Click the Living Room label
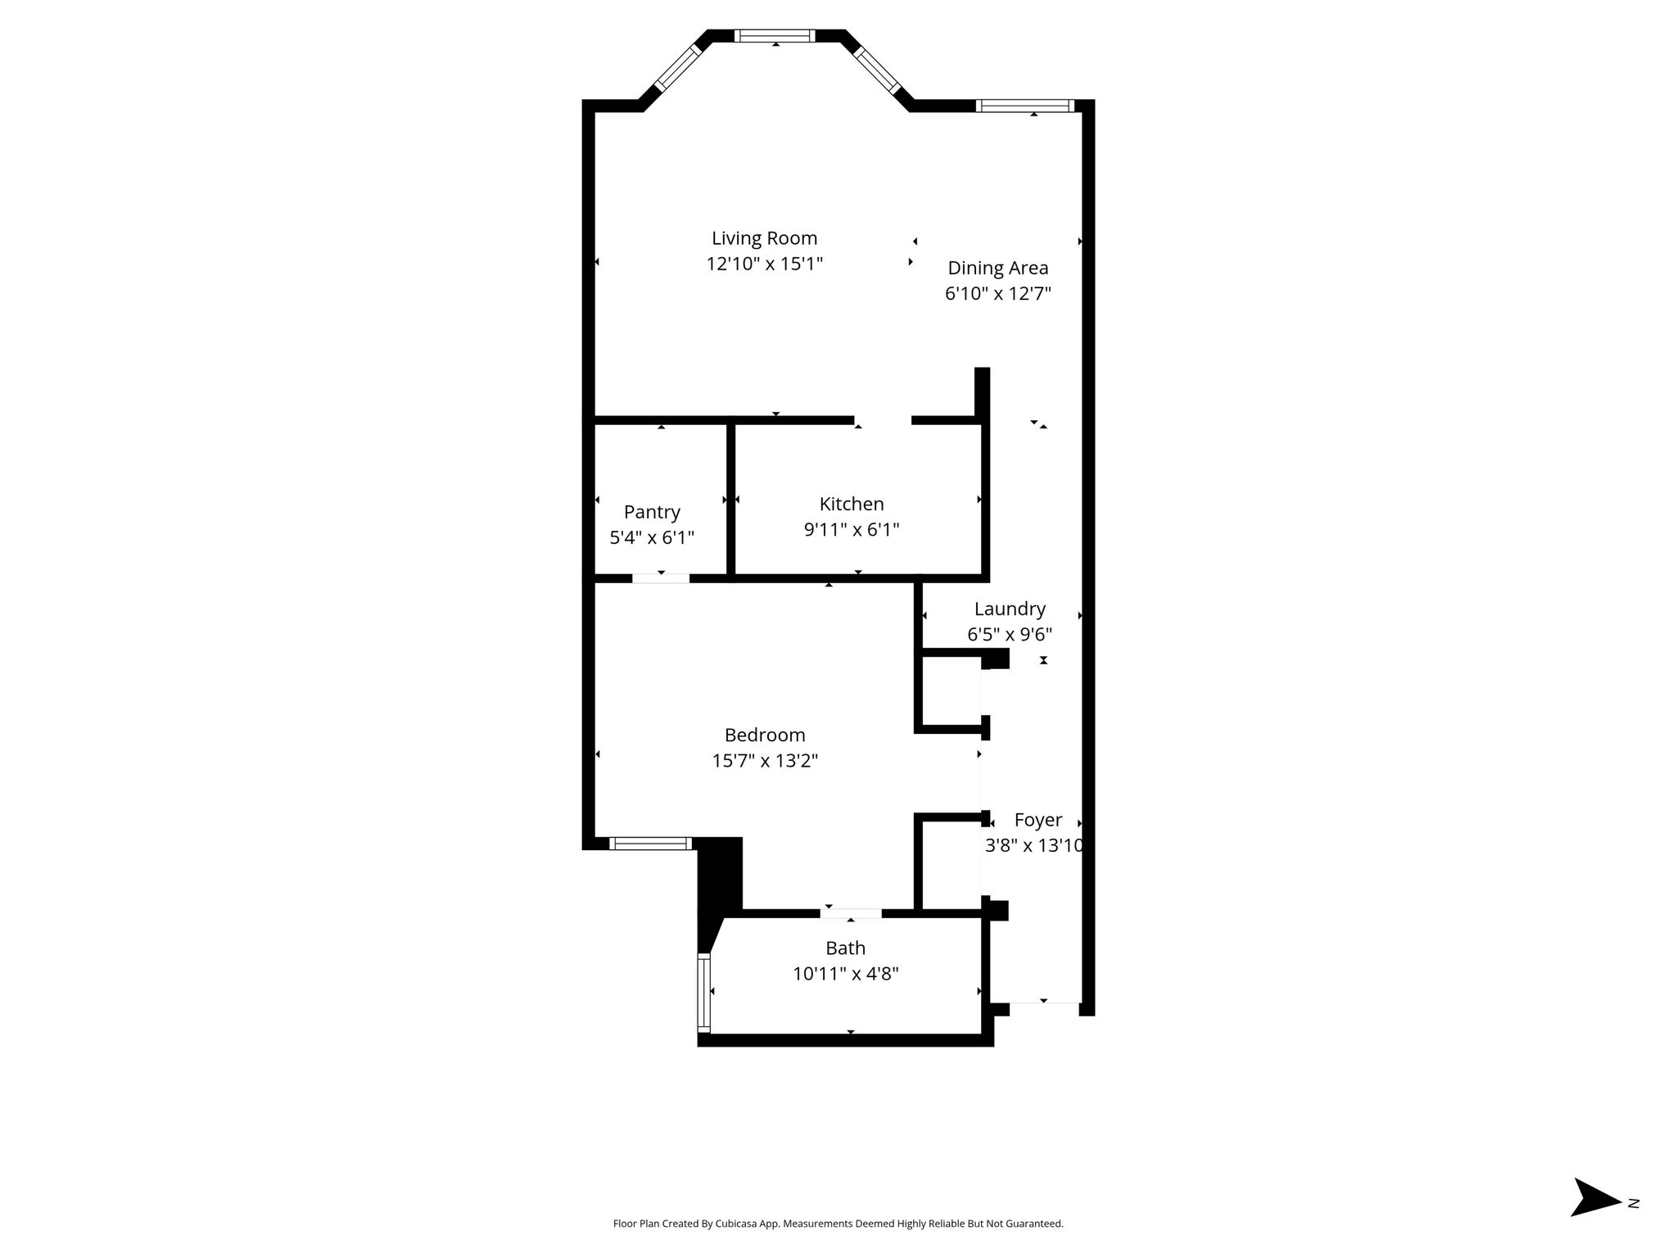point(764,238)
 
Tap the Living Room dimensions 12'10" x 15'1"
point(764,264)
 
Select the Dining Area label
point(997,269)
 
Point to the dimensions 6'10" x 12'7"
point(997,293)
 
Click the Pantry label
point(652,513)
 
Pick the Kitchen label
point(852,504)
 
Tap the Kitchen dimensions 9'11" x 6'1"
point(852,530)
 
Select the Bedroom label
point(765,735)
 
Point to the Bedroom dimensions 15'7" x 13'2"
point(765,761)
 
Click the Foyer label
point(1037,821)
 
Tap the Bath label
point(845,948)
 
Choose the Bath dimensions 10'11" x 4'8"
point(845,974)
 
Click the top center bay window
point(775,36)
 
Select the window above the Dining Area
point(1024,106)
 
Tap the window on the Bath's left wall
point(703,992)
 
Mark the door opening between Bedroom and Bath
point(851,913)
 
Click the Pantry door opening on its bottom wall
point(661,578)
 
